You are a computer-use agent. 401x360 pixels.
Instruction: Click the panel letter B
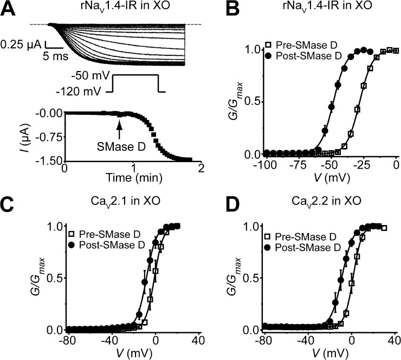click(216, 8)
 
